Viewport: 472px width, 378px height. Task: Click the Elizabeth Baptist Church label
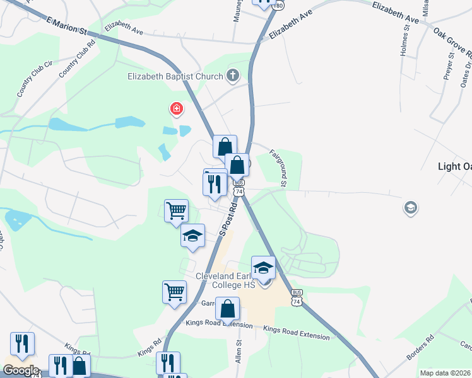175,77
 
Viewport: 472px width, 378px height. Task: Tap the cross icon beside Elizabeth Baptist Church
232,77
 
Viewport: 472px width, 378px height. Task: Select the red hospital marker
177,110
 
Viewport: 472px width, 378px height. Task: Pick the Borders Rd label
421,347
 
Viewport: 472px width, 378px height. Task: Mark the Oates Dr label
468,72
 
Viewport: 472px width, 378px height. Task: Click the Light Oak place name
455,167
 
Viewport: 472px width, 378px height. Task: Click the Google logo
21,370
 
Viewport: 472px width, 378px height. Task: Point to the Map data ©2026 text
445,373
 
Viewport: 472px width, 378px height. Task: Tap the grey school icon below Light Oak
410,207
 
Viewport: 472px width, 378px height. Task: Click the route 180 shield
279,4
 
